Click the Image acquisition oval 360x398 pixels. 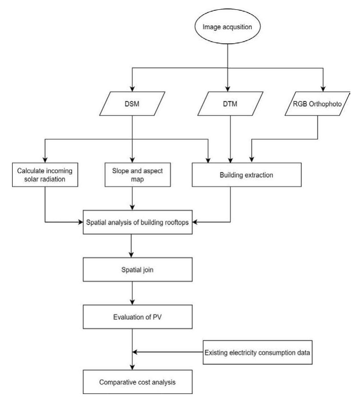pyautogui.click(x=228, y=26)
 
